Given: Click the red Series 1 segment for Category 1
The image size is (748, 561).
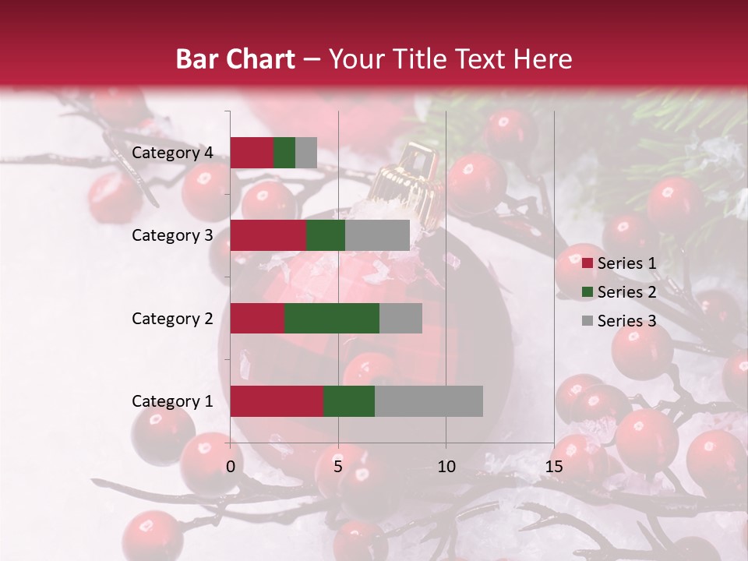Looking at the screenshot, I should [x=277, y=400].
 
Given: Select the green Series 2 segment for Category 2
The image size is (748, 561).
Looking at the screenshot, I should [x=331, y=318].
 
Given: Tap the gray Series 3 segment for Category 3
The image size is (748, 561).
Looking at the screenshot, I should [x=377, y=235].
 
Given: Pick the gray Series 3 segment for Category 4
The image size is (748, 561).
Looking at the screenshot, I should [x=306, y=152].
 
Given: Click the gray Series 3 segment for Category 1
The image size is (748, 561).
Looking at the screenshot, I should [x=429, y=400].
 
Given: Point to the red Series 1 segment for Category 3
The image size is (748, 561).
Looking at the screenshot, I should [x=268, y=235].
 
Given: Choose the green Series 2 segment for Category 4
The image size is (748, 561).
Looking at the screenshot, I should [x=284, y=152].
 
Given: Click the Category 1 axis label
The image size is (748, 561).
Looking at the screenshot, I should [x=172, y=401].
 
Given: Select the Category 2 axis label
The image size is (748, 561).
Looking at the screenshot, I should [x=172, y=318].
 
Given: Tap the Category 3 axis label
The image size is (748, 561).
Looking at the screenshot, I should [x=172, y=235].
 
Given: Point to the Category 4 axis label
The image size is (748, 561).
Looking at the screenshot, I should [x=172, y=153].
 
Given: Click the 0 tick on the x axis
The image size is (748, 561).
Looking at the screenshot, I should [x=231, y=467].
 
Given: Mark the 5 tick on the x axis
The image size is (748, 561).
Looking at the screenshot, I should [x=338, y=467].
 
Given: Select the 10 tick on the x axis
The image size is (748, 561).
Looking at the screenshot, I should [x=446, y=467].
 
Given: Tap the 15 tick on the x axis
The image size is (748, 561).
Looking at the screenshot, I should [x=554, y=467].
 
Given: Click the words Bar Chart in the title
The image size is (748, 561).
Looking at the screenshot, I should [x=235, y=58].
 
